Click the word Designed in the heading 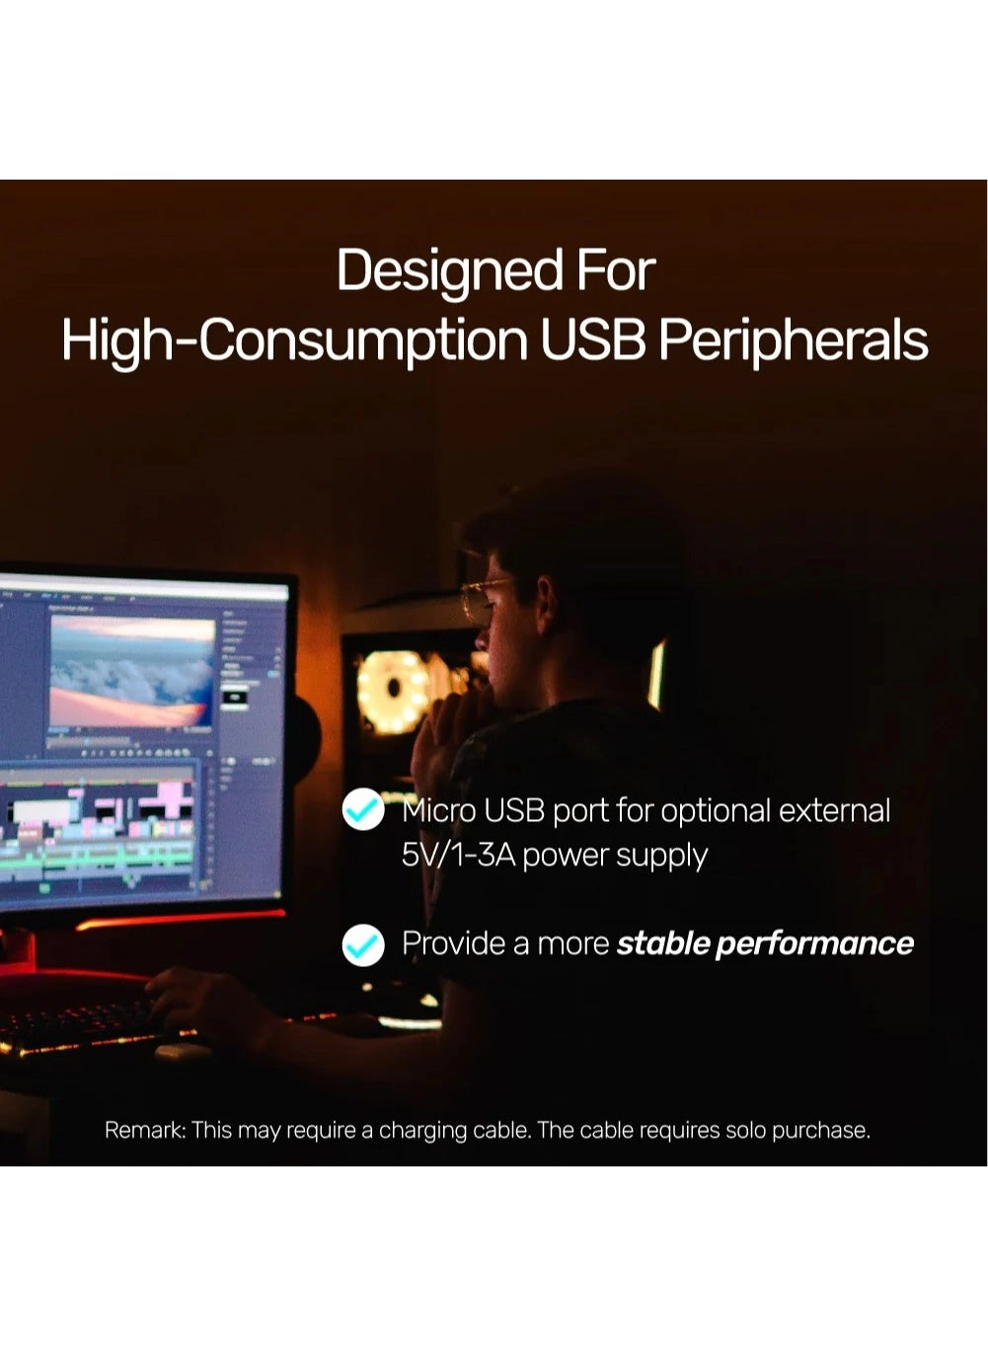449,271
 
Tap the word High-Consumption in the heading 295,340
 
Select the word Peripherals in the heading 793,340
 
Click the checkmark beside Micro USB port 363,810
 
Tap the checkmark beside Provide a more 363,944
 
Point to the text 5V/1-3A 458,855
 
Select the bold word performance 814,944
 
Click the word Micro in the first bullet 438,810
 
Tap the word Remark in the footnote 144,1130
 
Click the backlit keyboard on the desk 79,1026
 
